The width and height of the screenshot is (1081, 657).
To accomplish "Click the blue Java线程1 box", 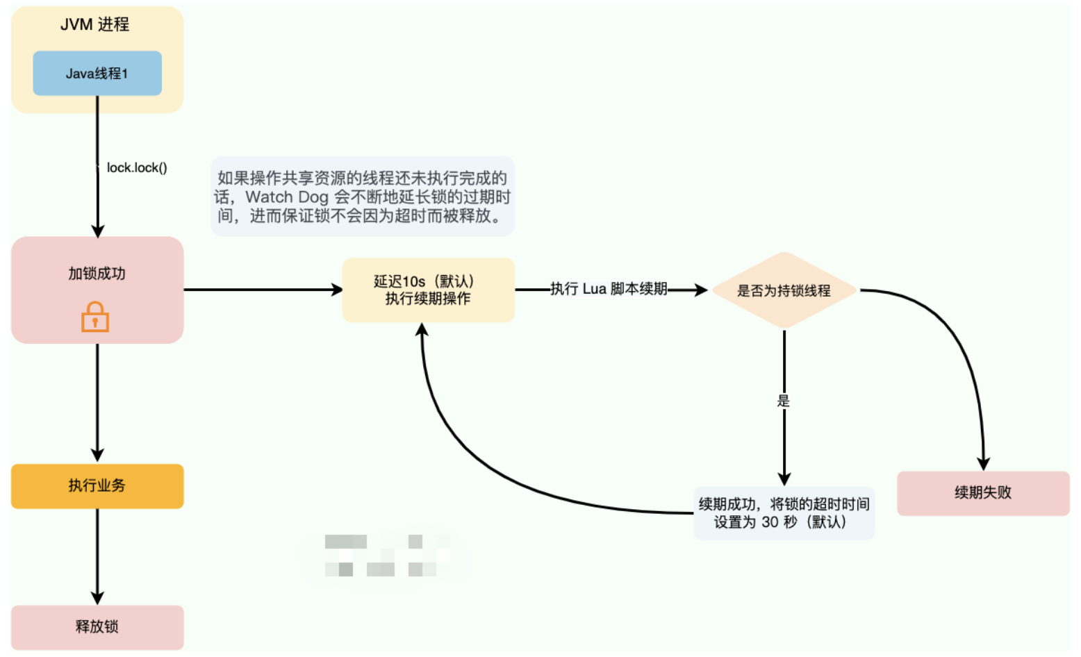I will pyautogui.click(x=97, y=73).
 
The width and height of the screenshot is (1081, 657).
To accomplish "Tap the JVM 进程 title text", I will pyautogui.click(x=94, y=24).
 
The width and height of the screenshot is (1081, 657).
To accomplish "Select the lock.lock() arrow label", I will pyautogui.click(x=137, y=167).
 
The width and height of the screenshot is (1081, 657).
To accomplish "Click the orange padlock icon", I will pyautogui.click(x=95, y=317).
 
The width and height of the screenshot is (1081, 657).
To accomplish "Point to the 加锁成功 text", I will pyautogui.click(x=97, y=274).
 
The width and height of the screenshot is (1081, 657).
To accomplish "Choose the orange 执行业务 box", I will pyautogui.click(x=97, y=485).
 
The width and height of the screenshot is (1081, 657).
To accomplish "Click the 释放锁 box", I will pyautogui.click(x=97, y=626).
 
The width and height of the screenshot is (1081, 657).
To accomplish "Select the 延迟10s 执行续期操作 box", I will pyautogui.click(x=428, y=290).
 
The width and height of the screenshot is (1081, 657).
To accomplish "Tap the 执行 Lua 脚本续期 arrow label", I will pyautogui.click(x=609, y=289).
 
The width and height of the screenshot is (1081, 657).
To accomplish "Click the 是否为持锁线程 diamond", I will pyautogui.click(x=784, y=290).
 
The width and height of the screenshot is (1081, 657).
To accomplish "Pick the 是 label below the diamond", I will pyautogui.click(x=784, y=401).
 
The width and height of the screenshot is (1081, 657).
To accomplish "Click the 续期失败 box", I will pyautogui.click(x=982, y=493).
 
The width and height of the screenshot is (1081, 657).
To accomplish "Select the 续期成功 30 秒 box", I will pyautogui.click(x=784, y=513).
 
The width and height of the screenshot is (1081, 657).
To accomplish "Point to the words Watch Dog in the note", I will pyautogui.click(x=287, y=197).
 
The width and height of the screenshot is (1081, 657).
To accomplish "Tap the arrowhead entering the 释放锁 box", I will pyautogui.click(x=97, y=598).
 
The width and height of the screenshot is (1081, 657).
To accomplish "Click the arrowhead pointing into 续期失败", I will pyautogui.click(x=983, y=463).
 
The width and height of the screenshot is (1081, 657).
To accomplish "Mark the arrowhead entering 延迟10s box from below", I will pyautogui.click(x=422, y=330).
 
